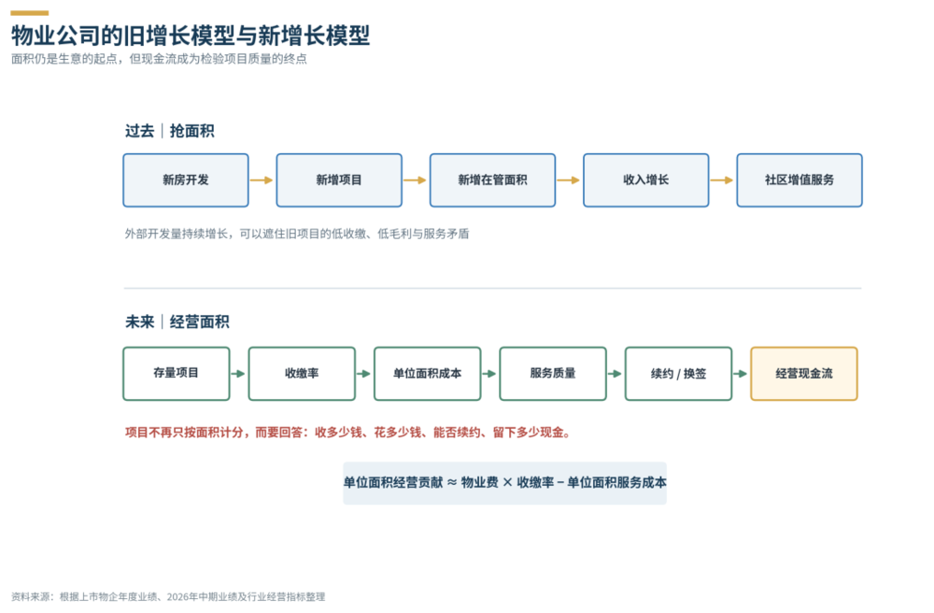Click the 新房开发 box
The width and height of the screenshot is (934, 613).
click(186, 180)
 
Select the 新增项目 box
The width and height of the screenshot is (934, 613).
click(339, 180)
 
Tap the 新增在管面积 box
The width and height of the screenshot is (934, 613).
click(492, 180)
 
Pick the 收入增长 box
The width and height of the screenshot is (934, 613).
click(646, 180)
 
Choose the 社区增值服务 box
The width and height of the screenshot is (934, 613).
click(800, 180)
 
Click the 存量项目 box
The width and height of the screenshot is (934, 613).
click(177, 374)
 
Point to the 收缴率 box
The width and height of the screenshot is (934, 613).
click(302, 374)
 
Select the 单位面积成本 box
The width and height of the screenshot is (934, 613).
click(428, 374)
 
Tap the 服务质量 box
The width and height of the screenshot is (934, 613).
click(553, 374)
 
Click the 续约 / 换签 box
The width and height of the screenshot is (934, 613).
click(678, 374)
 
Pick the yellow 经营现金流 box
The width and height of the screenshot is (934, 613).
click(804, 374)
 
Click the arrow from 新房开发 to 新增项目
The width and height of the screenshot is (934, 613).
click(262, 180)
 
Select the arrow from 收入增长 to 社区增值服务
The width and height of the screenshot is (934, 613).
click(722, 180)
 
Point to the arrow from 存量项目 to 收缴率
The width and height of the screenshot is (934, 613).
click(238, 374)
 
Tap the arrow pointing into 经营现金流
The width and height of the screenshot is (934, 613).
click(741, 374)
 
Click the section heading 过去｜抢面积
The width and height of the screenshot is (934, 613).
click(170, 131)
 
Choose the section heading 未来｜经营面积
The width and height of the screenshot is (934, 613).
click(177, 322)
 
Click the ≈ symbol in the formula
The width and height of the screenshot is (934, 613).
click(452, 482)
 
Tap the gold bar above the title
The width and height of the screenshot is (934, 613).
click(30, 12)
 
